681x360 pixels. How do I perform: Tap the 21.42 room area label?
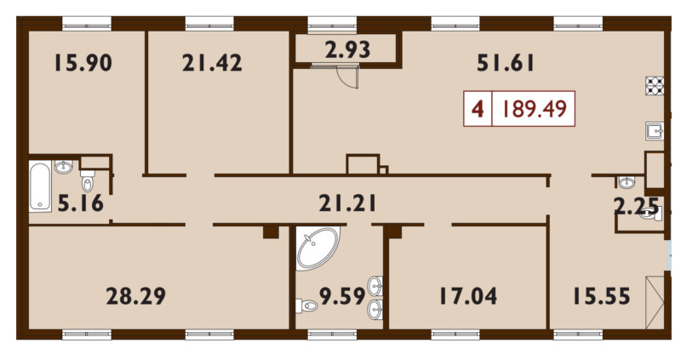[x=212, y=62]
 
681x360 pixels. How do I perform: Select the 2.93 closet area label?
[x=347, y=49]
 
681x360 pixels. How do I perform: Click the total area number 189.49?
[x=535, y=109]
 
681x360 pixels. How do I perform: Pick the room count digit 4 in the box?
[x=478, y=109]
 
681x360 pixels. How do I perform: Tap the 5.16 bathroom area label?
[x=78, y=203]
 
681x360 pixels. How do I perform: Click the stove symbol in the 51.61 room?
[x=655, y=86]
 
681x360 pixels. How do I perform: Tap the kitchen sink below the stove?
[x=655, y=130]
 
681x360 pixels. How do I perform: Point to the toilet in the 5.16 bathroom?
[x=88, y=181]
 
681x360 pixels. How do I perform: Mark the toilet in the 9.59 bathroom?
[x=308, y=306]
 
